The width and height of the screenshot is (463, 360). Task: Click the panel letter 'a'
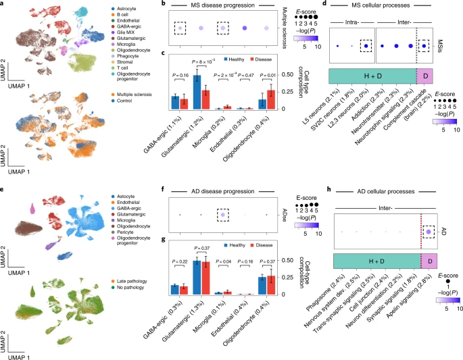[x=4, y=5]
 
